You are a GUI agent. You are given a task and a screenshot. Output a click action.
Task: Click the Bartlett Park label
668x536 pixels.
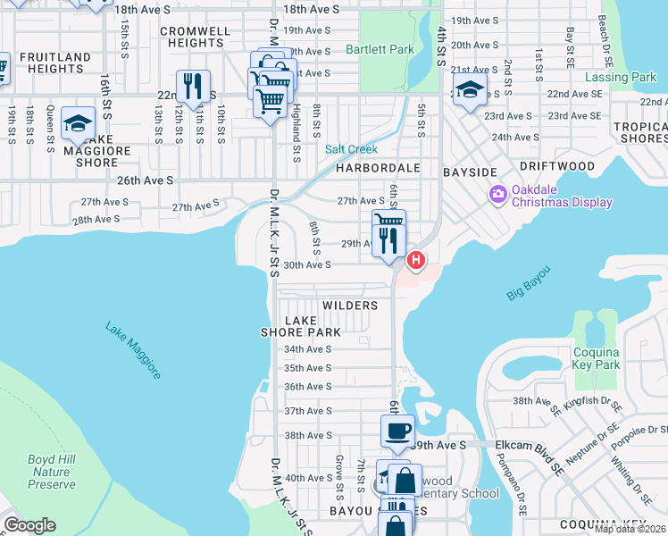point(380,50)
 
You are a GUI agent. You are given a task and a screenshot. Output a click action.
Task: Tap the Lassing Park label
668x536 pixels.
point(619,78)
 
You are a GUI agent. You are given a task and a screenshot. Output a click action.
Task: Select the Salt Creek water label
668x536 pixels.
point(351,149)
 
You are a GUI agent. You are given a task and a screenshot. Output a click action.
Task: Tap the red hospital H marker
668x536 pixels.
point(415,261)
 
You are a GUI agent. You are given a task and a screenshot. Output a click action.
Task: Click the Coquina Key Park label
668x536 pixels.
point(596,358)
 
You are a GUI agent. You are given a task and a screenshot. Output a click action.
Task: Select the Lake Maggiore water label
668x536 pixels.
point(133,350)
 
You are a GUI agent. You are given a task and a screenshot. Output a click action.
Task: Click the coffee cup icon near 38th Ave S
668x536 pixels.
point(397,430)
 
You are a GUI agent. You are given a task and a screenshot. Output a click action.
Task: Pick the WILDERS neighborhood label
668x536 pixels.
point(350,306)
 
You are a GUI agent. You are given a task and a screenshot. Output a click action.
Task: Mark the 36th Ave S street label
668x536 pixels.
point(307,387)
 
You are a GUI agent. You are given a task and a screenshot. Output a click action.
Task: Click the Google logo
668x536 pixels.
point(29,525)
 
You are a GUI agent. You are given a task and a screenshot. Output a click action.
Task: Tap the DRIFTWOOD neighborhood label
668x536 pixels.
point(563,167)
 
